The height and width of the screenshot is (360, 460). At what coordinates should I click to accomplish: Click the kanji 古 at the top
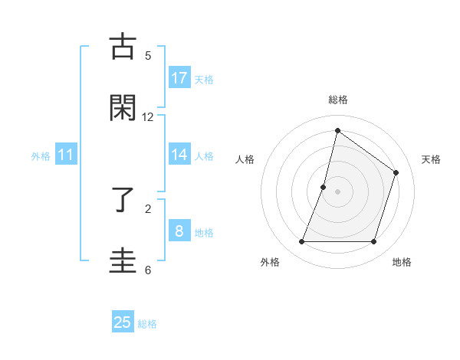click(x=123, y=46)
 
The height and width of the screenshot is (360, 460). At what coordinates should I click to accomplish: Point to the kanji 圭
click(x=123, y=260)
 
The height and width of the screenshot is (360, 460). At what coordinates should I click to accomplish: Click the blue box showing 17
click(x=179, y=77)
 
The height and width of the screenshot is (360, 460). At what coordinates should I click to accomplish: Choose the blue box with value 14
click(x=179, y=155)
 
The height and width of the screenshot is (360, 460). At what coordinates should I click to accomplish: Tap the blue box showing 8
click(x=179, y=231)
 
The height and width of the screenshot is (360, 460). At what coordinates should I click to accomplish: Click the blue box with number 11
click(x=66, y=155)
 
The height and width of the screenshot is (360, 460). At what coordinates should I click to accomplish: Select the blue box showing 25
click(x=123, y=322)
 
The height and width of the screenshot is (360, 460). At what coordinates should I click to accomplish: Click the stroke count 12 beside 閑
click(x=148, y=117)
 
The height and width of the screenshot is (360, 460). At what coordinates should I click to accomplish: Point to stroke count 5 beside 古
click(x=148, y=56)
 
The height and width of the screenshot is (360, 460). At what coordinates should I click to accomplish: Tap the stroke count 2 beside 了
click(x=148, y=208)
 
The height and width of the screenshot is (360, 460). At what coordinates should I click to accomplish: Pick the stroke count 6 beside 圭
click(x=148, y=270)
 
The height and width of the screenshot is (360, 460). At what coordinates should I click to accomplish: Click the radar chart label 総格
click(x=337, y=100)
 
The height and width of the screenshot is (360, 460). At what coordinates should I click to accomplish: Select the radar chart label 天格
click(x=432, y=159)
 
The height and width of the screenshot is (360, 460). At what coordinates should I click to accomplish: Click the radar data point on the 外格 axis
click(x=301, y=242)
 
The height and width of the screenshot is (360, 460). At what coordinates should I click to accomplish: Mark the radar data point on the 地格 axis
click(x=373, y=242)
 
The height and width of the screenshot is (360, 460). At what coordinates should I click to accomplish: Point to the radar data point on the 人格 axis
click(x=324, y=187)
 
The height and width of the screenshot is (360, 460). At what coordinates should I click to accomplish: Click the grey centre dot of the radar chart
click(x=337, y=191)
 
